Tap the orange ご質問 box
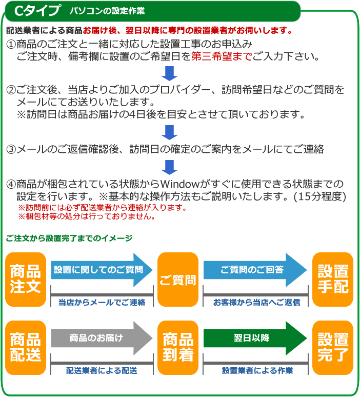pyautogui.click(x=178, y=280)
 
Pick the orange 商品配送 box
pyautogui.click(x=26, y=347)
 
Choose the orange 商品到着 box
pyautogui.click(x=178, y=347)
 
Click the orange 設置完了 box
pyautogui.click(x=333, y=347)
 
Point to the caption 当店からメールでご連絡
pyautogui.click(x=102, y=302)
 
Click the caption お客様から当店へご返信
pyautogui.click(x=256, y=302)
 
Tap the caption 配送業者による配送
pyautogui.click(x=102, y=370)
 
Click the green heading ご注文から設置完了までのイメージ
pyautogui.click(x=69, y=238)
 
